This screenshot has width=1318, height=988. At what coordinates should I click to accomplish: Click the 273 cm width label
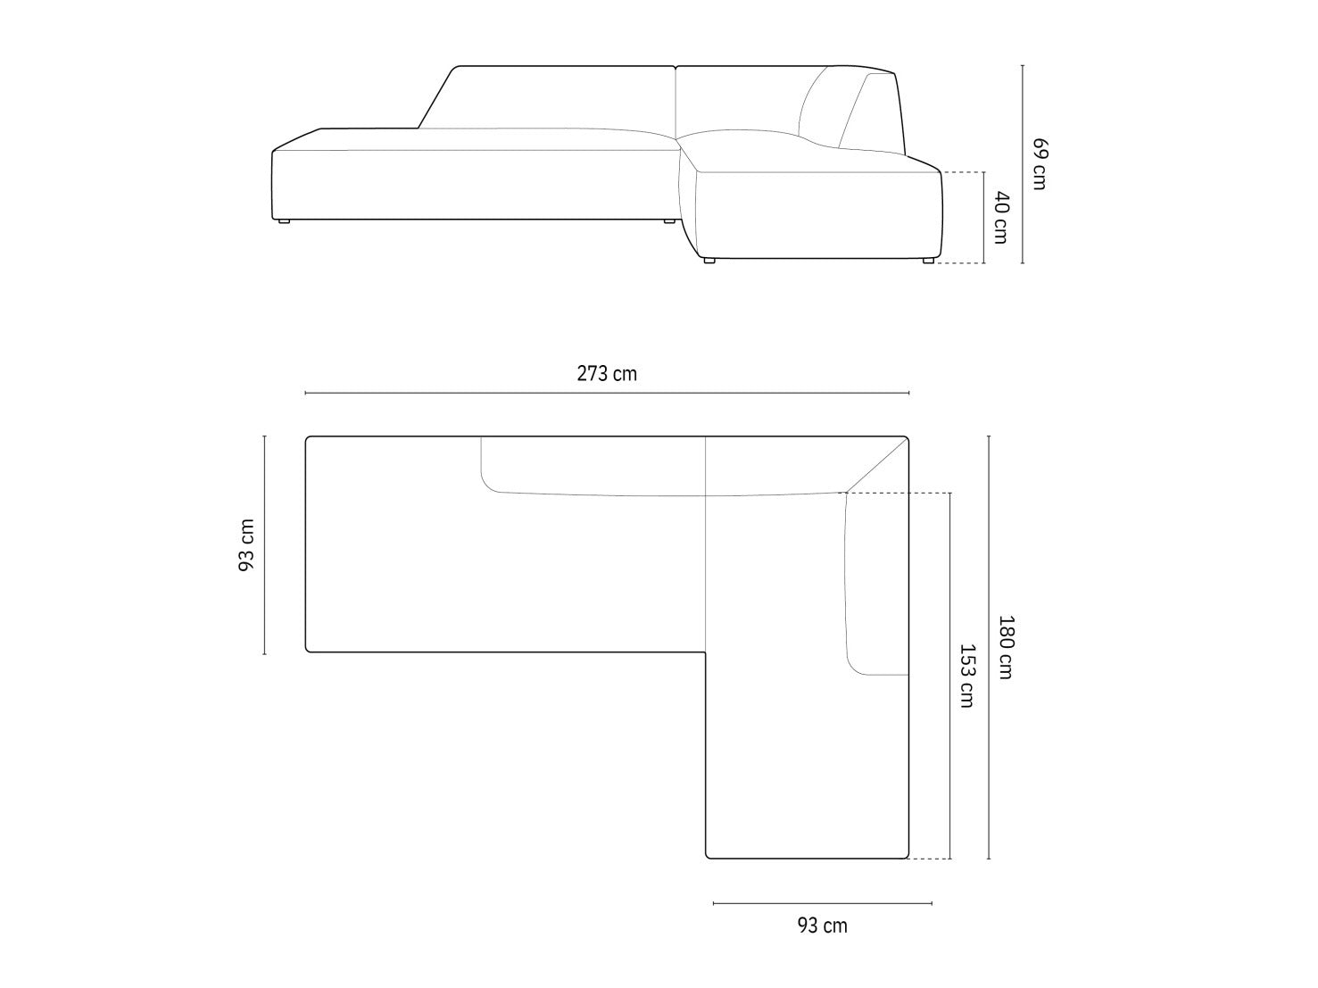click(607, 374)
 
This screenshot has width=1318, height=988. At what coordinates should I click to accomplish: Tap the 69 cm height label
click(1040, 164)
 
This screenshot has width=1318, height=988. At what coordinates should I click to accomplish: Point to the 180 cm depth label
click(1006, 647)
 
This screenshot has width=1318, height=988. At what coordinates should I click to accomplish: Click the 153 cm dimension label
click(966, 676)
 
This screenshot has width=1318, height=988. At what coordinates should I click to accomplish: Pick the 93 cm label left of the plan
click(247, 544)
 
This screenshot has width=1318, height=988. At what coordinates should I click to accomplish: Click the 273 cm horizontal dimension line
click(607, 393)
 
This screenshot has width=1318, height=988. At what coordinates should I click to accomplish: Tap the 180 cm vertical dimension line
click(989, 647)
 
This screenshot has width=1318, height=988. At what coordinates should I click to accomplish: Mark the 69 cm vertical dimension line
click(1023, 164)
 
